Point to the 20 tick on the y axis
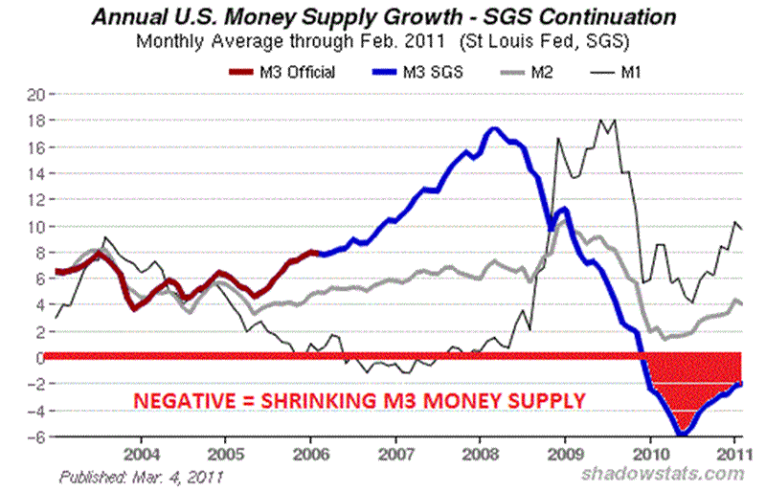pos(37,95)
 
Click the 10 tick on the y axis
pos(37,227)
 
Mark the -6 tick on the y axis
pos(37,437)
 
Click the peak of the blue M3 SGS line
pos(493,129)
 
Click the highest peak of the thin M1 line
pos(602,121)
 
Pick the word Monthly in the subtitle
pos(169,41)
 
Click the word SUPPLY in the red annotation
pos(548,401)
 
